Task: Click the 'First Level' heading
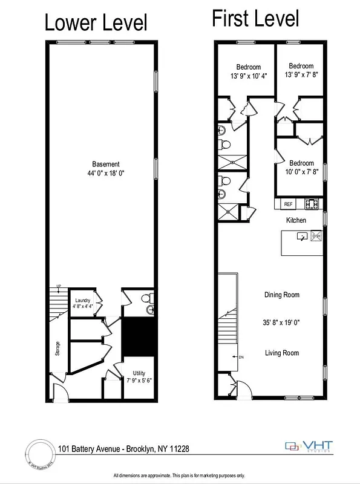click(255, 19)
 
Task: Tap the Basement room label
click(106, 164)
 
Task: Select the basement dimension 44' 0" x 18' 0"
click(106, 174)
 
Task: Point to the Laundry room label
click(82, 300)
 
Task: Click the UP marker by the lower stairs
click(59, 286)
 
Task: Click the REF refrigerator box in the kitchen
click(288, 204)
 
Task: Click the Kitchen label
click(296, 220)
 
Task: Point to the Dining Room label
click(282, 295)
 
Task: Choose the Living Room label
click(282, 353)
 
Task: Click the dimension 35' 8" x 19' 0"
click(282, 322)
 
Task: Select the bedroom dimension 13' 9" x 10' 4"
click(249, 76)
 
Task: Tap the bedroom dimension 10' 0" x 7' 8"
click(301, 172)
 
